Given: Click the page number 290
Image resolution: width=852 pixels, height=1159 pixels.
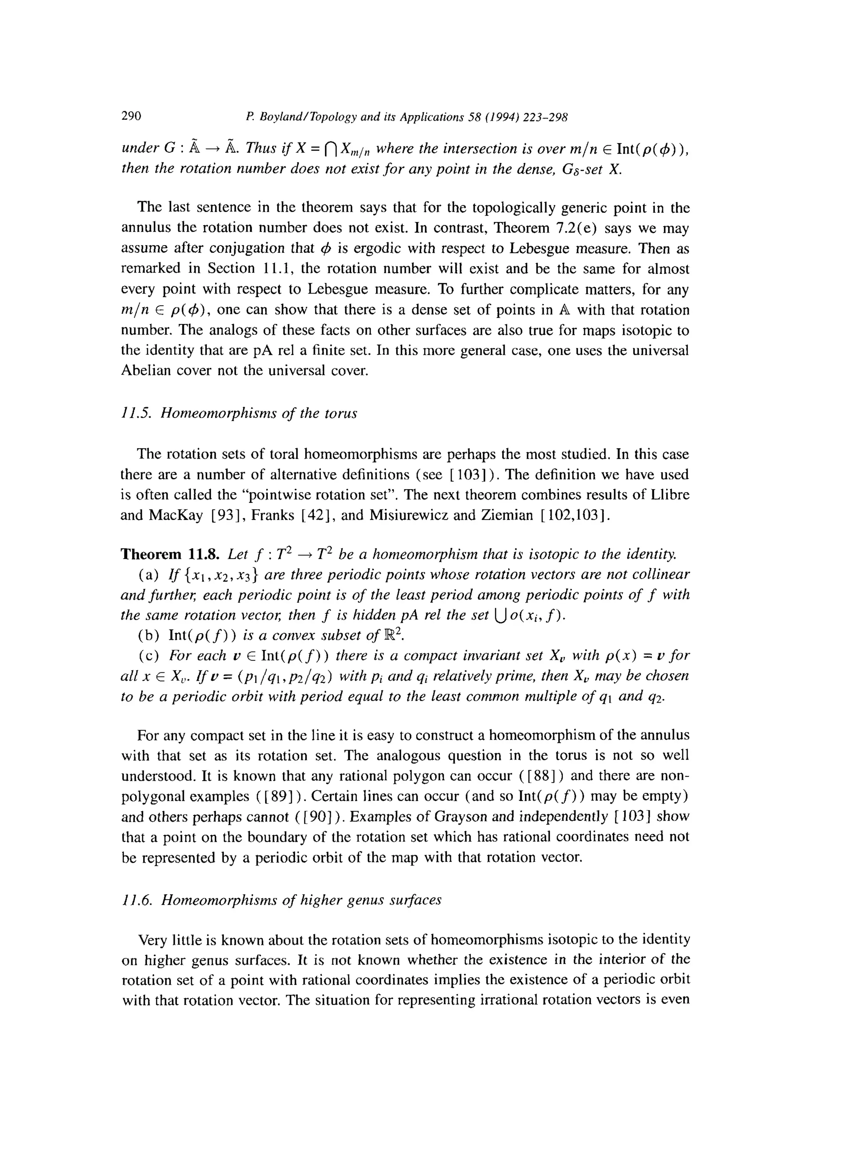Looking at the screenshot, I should [131, 116].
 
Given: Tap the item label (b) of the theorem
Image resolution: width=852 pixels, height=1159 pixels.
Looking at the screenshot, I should [149, 636].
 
